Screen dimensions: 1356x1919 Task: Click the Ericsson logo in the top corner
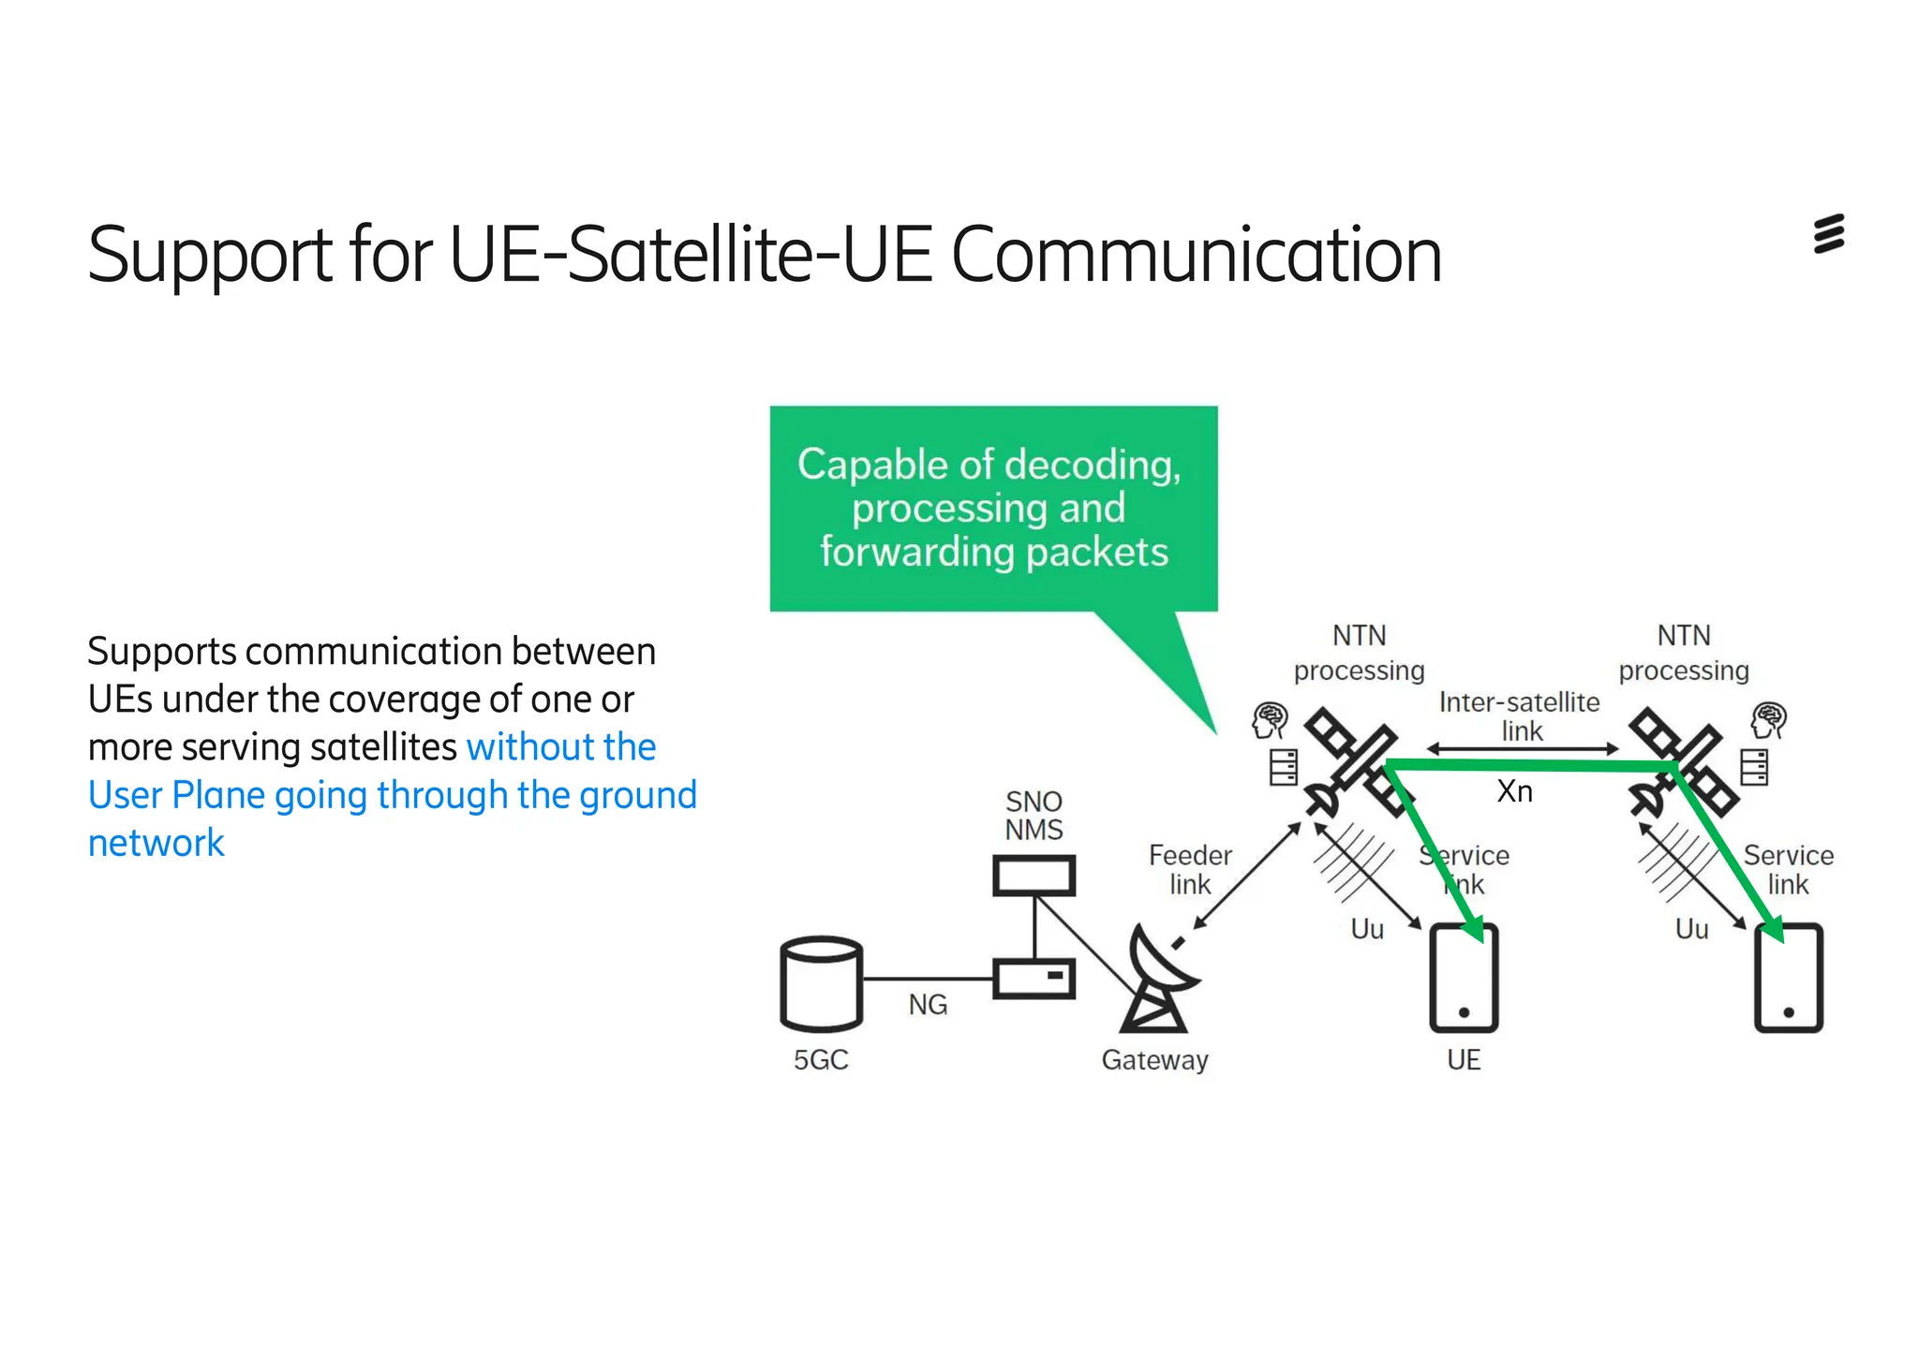(1828, 234)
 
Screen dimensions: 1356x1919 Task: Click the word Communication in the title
(1196, 255)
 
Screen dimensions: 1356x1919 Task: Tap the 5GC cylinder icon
(821, 983)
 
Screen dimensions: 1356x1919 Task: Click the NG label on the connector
(928, 1005)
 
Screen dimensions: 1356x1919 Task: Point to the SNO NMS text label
(1034, 816)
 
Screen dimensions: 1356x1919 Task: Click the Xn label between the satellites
(1514, 791)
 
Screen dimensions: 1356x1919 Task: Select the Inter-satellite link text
(1520, 716)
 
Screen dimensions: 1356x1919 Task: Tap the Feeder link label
(1190, 869)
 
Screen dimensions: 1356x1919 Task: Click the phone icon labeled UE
(1464, 979)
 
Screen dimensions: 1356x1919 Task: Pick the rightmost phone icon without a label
(1788, 979)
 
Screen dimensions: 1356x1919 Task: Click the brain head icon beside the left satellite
(1270, 721)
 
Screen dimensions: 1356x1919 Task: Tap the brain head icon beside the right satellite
(1768, 721)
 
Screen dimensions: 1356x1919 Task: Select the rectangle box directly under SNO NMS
(1034, 877)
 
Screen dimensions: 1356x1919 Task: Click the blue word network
(156, 843)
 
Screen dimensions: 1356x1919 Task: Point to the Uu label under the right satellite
(1691, 929)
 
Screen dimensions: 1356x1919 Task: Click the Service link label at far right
(1788, 869)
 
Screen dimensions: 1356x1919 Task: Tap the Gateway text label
(1154, 1060)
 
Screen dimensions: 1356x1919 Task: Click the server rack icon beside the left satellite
(1283, 767)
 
